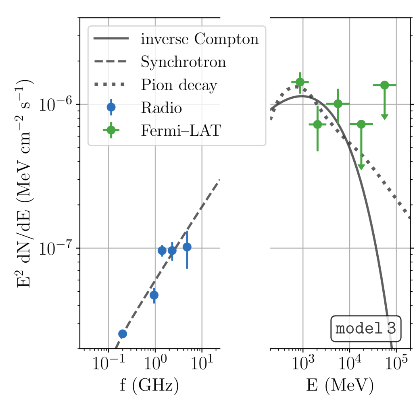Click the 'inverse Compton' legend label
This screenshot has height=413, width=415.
200,39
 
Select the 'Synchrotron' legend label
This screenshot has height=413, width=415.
183,62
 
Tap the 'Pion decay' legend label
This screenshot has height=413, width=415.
179,85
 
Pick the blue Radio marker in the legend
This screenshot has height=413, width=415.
111,107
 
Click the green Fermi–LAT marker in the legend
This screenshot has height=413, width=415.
111,130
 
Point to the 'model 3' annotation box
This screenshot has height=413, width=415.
366,328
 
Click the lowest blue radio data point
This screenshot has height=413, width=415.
123,334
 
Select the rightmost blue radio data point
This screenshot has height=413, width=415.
187,247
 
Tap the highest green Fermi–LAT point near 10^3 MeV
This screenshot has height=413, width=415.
300,82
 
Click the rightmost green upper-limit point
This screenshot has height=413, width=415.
384,85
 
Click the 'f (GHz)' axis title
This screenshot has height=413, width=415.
149,386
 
